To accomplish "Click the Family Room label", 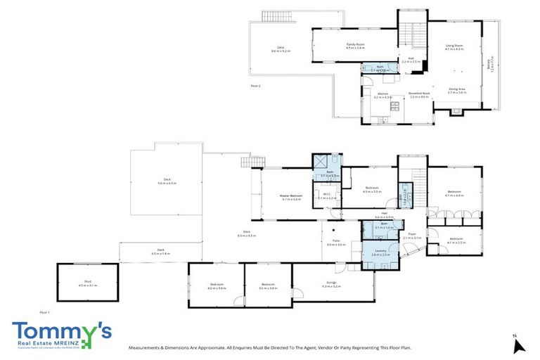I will coord(355,46).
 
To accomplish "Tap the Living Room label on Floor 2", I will coord(454,48).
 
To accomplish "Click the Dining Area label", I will coord(458,90).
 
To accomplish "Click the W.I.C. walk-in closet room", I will coord(326,198).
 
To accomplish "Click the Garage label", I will coord(330,285).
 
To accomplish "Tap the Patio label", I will coord(336,243).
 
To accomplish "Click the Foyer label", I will coord(412,236).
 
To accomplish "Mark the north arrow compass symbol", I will coord(518,344).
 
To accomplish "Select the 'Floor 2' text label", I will coord(255,85).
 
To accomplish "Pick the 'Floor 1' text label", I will coord(44,311).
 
